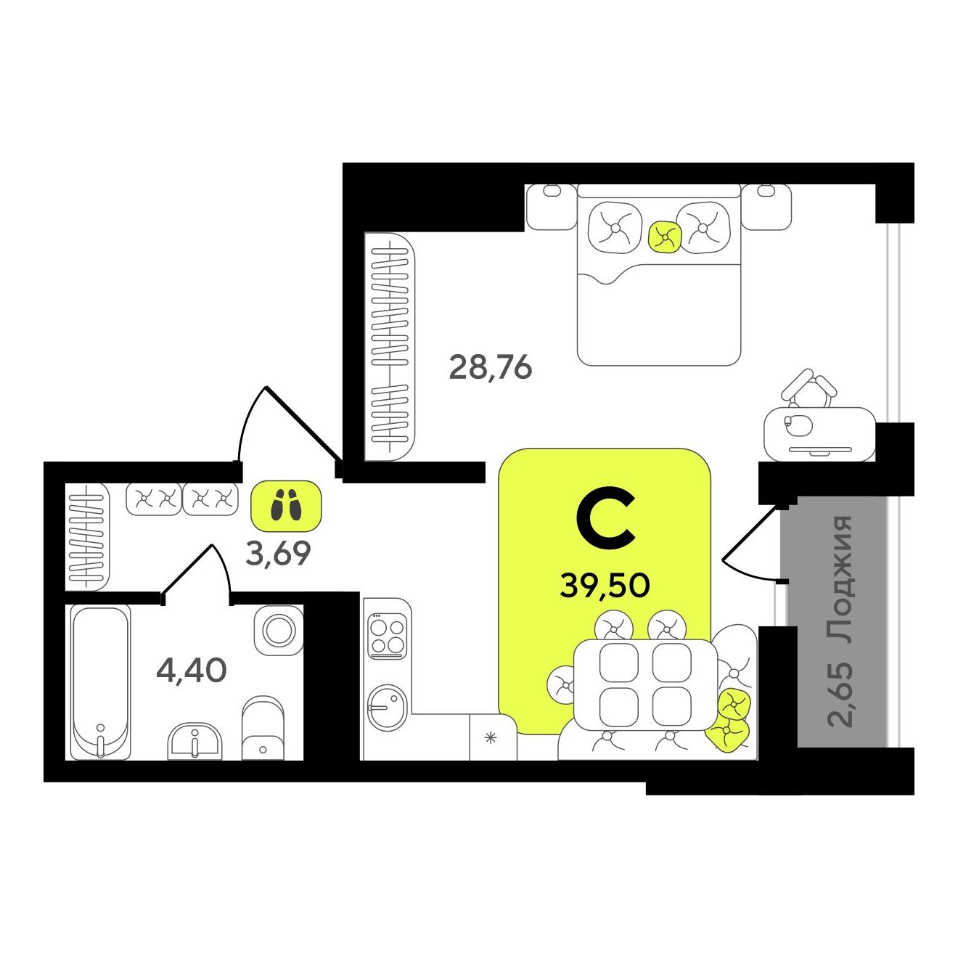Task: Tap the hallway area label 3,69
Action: [278, 553]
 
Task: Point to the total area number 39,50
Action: [605, 586]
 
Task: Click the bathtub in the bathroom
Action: [101, 682]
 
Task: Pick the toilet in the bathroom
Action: [263, 729]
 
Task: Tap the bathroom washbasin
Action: [195, 741]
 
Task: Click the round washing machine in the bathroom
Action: [279, 631]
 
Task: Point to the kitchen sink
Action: [388, 708]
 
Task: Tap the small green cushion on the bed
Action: [664, 235]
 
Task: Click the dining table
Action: [645, 685]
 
